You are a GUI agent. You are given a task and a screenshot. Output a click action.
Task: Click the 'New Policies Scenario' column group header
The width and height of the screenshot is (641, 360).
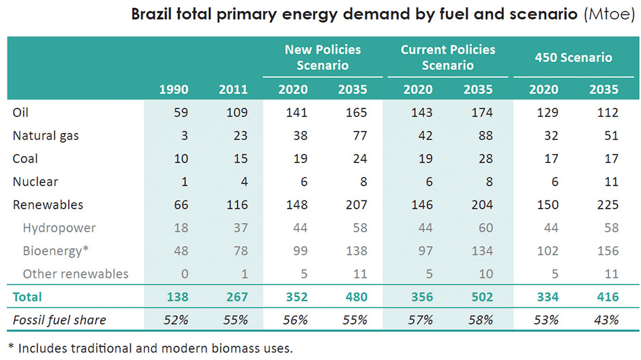point(323,57)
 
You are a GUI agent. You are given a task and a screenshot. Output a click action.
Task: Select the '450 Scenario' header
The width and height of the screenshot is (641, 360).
point(573,57)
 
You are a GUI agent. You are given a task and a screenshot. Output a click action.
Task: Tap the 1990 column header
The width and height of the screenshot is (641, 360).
point(174,89)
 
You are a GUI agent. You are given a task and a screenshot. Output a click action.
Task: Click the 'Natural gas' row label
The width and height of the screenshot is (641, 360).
point(46,136)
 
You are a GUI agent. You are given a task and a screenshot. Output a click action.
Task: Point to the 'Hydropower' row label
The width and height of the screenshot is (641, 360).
point(59,228)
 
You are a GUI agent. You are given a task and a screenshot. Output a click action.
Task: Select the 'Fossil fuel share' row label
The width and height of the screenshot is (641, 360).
point(59,320)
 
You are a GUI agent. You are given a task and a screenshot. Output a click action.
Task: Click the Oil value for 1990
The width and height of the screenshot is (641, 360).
point(181,112)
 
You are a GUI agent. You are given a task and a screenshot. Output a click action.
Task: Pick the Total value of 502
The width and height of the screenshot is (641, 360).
point(482,297)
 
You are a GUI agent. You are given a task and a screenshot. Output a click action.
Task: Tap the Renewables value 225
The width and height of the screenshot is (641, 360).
point(608,205)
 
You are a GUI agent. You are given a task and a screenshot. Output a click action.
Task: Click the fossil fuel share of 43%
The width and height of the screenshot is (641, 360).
point(606,320)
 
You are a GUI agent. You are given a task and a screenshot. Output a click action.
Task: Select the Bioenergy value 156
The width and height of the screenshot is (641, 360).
point(608,250)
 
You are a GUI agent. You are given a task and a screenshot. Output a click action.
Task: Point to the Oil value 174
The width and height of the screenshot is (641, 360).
point(482,112)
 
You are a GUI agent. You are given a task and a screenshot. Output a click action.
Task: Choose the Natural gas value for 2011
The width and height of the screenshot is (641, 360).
point(240,136)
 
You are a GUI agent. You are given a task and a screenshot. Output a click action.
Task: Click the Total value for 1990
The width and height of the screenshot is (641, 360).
point(177,297)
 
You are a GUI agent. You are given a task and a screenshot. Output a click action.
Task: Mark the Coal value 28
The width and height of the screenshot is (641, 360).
point(486,159)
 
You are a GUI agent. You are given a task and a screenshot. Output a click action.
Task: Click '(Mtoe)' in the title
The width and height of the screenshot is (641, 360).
point(610,14)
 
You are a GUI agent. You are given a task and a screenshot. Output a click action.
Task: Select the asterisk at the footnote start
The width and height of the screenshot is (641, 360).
point(11,346)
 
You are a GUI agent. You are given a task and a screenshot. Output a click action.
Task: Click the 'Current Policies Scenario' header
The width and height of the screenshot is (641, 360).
point(447,57)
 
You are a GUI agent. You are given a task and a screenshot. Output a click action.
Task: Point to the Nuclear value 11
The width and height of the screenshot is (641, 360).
point(612,181)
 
